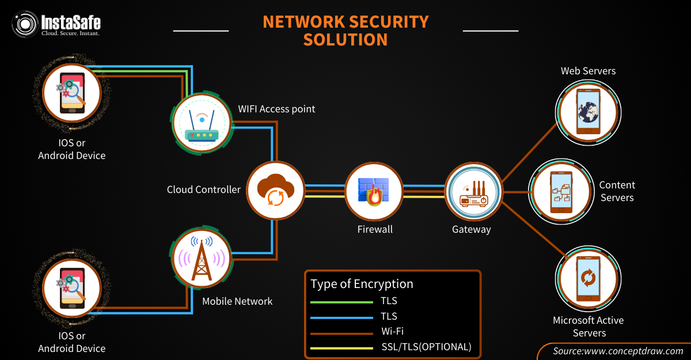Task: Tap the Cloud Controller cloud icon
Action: (x=275, y=190)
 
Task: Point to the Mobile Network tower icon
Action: (x=201, y=257)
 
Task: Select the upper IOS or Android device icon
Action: (x=72, y=93)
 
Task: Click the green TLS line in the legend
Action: (x=341, y=301)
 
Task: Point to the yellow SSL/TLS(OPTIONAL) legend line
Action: (x=341, y=347)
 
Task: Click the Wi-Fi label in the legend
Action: (x=392, y=331)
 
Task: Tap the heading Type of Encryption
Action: (x=362, y=284)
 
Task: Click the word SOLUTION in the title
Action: (x=345, y=40)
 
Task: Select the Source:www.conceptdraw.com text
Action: (x=618, y=351)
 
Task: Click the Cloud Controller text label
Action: (x=204, y=190)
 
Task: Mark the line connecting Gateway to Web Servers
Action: (x=530, y=151)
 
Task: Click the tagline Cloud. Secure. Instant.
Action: (x=70, y=33)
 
